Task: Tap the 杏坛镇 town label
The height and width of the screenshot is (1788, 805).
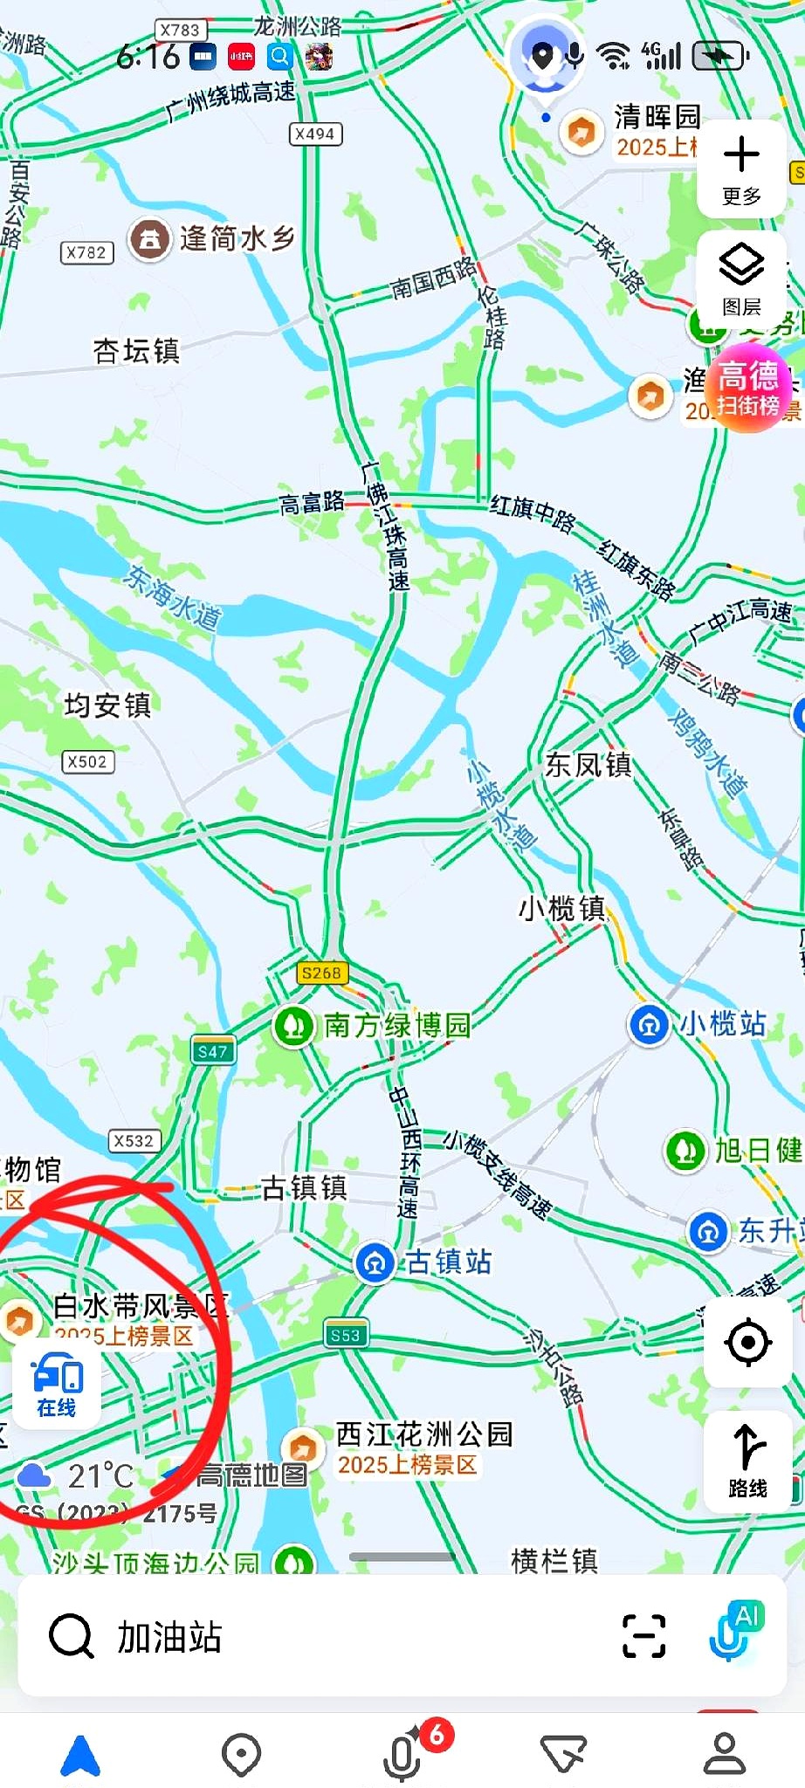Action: click(136, 351)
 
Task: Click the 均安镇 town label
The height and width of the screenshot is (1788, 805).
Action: click(107, 705)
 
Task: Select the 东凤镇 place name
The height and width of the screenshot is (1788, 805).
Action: click(588, 765)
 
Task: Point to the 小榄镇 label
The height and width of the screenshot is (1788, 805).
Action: click(561, 909)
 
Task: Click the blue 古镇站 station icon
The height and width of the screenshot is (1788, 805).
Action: click(375, 1262)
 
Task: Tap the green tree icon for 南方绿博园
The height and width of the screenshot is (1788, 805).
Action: click(294, 1026)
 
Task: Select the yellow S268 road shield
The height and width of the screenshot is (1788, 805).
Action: click(321, 973)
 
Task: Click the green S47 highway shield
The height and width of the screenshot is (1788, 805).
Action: click(213, 1051)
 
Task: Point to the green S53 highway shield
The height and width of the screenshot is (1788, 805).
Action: click(346, 1335)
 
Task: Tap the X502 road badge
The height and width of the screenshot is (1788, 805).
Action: click(87, 761)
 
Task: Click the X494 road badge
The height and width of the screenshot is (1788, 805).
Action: click(314, 134)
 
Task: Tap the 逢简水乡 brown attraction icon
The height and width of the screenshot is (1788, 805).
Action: click(150, 238)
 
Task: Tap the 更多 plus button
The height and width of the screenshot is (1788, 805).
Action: click(741, 166)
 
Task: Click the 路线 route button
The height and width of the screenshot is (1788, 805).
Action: click(747, 1461)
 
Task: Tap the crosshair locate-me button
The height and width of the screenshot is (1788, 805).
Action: click(747, 1342)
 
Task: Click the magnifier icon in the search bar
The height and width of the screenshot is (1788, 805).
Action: click(72, 1636)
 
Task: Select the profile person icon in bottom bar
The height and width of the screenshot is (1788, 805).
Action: click(724, 1755)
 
